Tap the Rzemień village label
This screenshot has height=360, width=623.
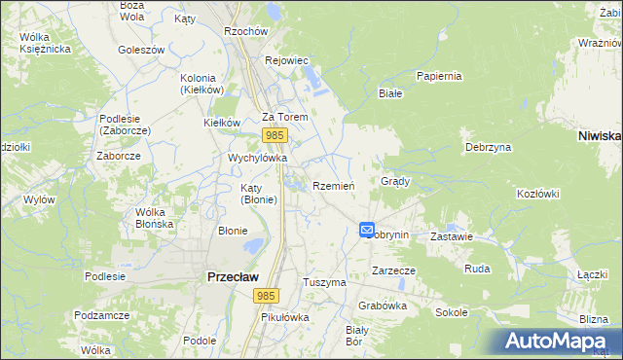pyautogui.click(x=334, y=186)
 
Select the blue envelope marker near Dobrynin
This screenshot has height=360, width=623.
pyautogui.click(x=367, y=230)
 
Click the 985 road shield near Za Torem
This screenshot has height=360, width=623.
pyautogui.click(x=275, y=135)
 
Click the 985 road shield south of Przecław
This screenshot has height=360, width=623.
pyautogui.click(x=267, y=295)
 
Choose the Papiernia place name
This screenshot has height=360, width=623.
pyautogui.click(x=438, y=75)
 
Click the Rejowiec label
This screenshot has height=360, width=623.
pyautogui.click(x=287, y=60)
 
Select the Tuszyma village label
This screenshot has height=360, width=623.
pyautogui.click(x=325, y=281)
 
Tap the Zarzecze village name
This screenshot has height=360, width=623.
pyautogui.click(x=394, y=271)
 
